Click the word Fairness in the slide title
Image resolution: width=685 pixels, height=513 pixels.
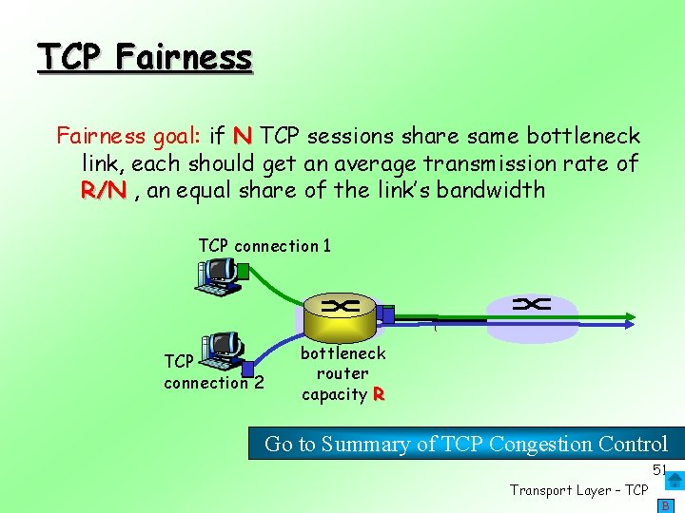pyautogui.click(x=185, y=57)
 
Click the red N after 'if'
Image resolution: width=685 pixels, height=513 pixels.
pyautogui.click(x=243, y=136)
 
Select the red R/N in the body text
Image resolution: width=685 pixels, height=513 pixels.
pyautogui.click(x=104, y=190)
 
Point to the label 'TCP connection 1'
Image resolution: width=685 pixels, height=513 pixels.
pyautogui.click(x=264, y=246)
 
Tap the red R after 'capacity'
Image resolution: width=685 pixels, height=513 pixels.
pyautogui.click(x=379, y=395)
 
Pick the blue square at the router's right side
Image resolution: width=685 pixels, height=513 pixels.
pyautogui.click(x=385, y=313)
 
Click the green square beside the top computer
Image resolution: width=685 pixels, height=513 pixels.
pyautogui.click(x=243, y=271)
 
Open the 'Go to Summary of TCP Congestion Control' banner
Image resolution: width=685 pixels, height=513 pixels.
pyautogui.click(x=465, y=444)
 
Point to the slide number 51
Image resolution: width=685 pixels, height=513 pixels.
pyautogui.click(x=659, y=470)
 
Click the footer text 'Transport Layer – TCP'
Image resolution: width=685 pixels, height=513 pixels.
pyautogui.click(x=578, y=490)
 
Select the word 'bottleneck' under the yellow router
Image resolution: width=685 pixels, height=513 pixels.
pyautogui.click(x=342, y=353)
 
